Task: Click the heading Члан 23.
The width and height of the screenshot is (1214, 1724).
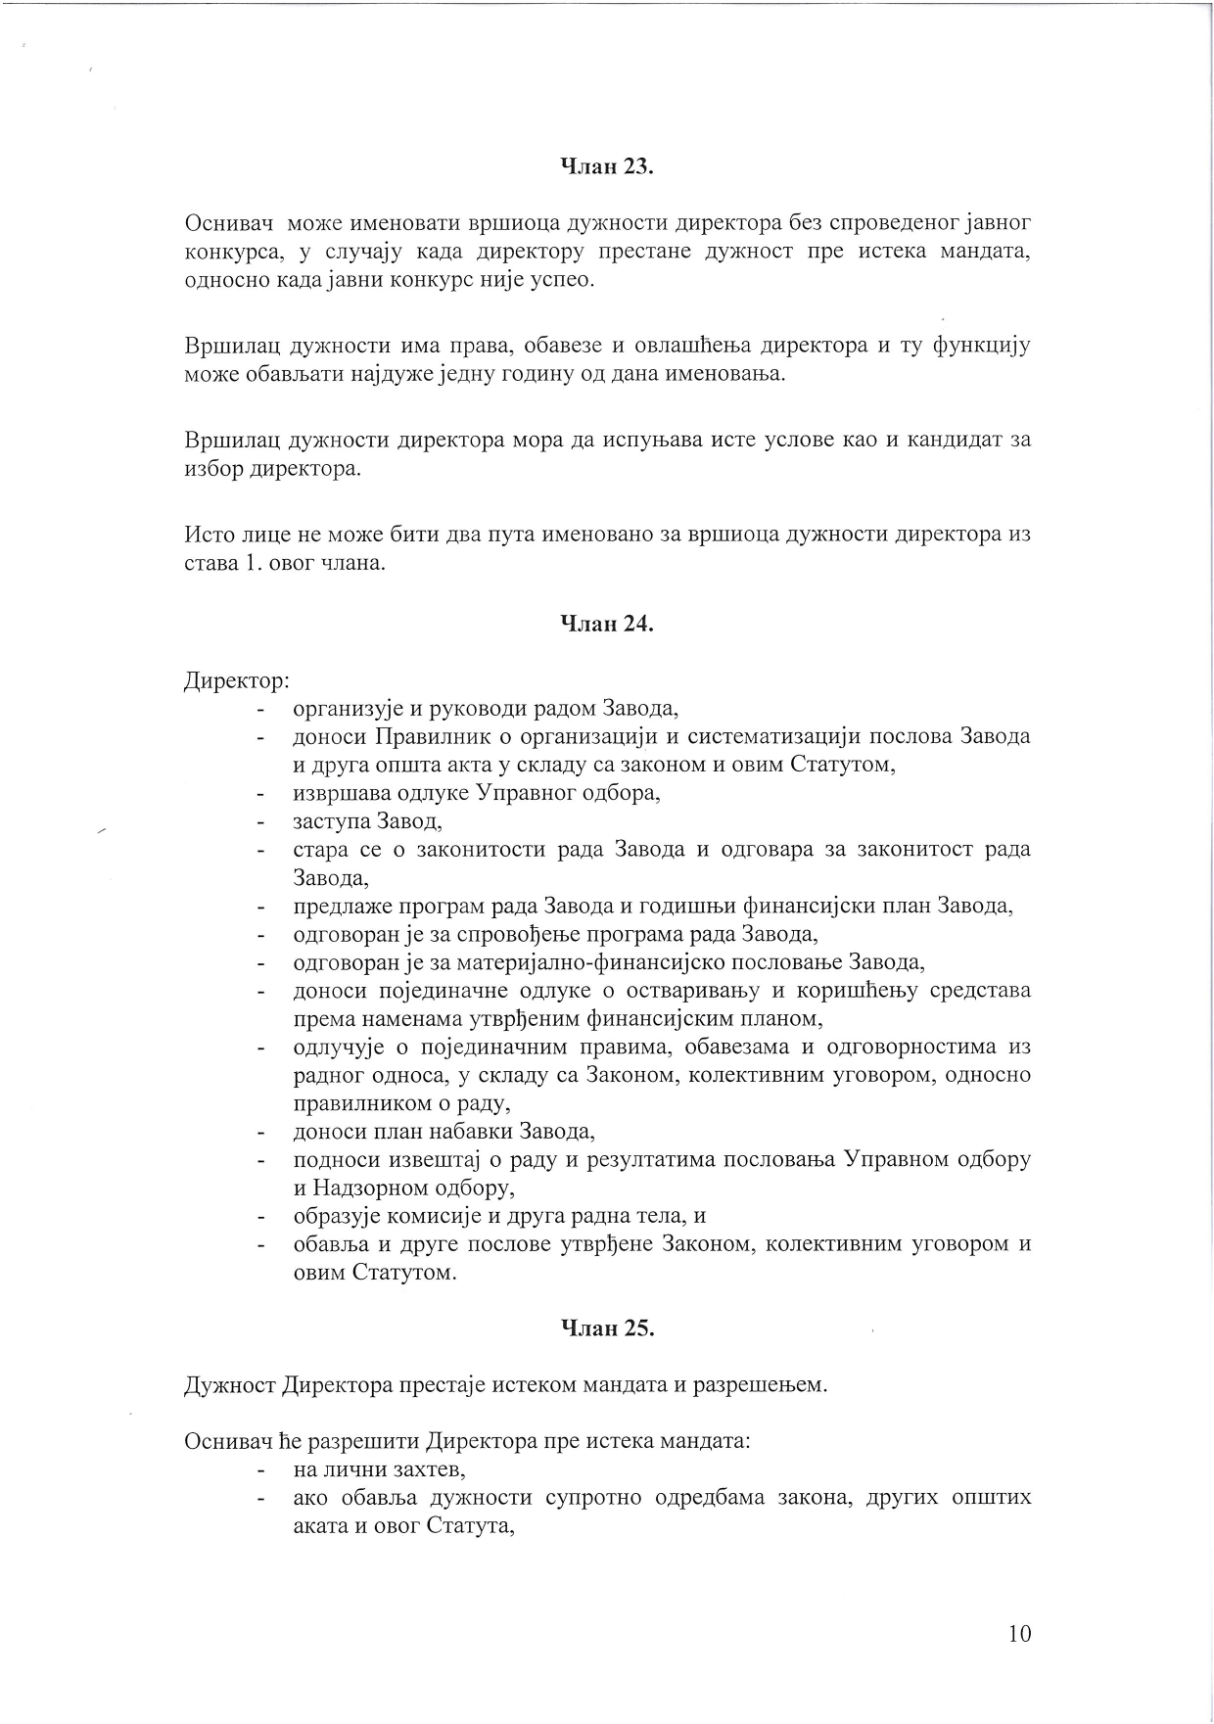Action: (x=606, y=166)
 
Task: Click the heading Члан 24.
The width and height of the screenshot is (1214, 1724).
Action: (x=606, y=623)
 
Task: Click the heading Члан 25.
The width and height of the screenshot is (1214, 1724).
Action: (x=606, y=1328)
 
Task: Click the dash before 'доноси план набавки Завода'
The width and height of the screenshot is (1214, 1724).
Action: (x=260, y=1133)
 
